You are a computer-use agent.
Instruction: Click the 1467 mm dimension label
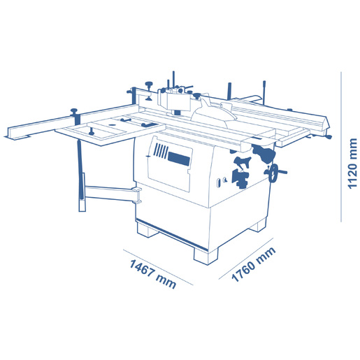point(152,274)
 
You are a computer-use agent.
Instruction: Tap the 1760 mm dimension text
point(253,264)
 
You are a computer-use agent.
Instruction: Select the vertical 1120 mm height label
point(352,164)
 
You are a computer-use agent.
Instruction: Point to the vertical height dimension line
point(341,147)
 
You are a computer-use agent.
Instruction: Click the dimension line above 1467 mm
point(158,267)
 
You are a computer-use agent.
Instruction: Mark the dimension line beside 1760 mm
point(246,259)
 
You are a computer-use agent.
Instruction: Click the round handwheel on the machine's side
point(274,173)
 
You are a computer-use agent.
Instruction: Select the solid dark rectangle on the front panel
point(178,159)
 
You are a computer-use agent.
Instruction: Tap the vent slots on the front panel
point(161,151)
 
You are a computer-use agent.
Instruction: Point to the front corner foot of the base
point(206,256)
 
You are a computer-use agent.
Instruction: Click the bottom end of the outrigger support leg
point(82,206)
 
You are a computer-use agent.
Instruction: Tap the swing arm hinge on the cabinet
point(137,195)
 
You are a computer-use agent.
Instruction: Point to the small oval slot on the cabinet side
point(219,183)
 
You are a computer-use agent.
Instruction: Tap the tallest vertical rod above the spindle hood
point(173,80)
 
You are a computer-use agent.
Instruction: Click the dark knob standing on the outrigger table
point(91,131)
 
